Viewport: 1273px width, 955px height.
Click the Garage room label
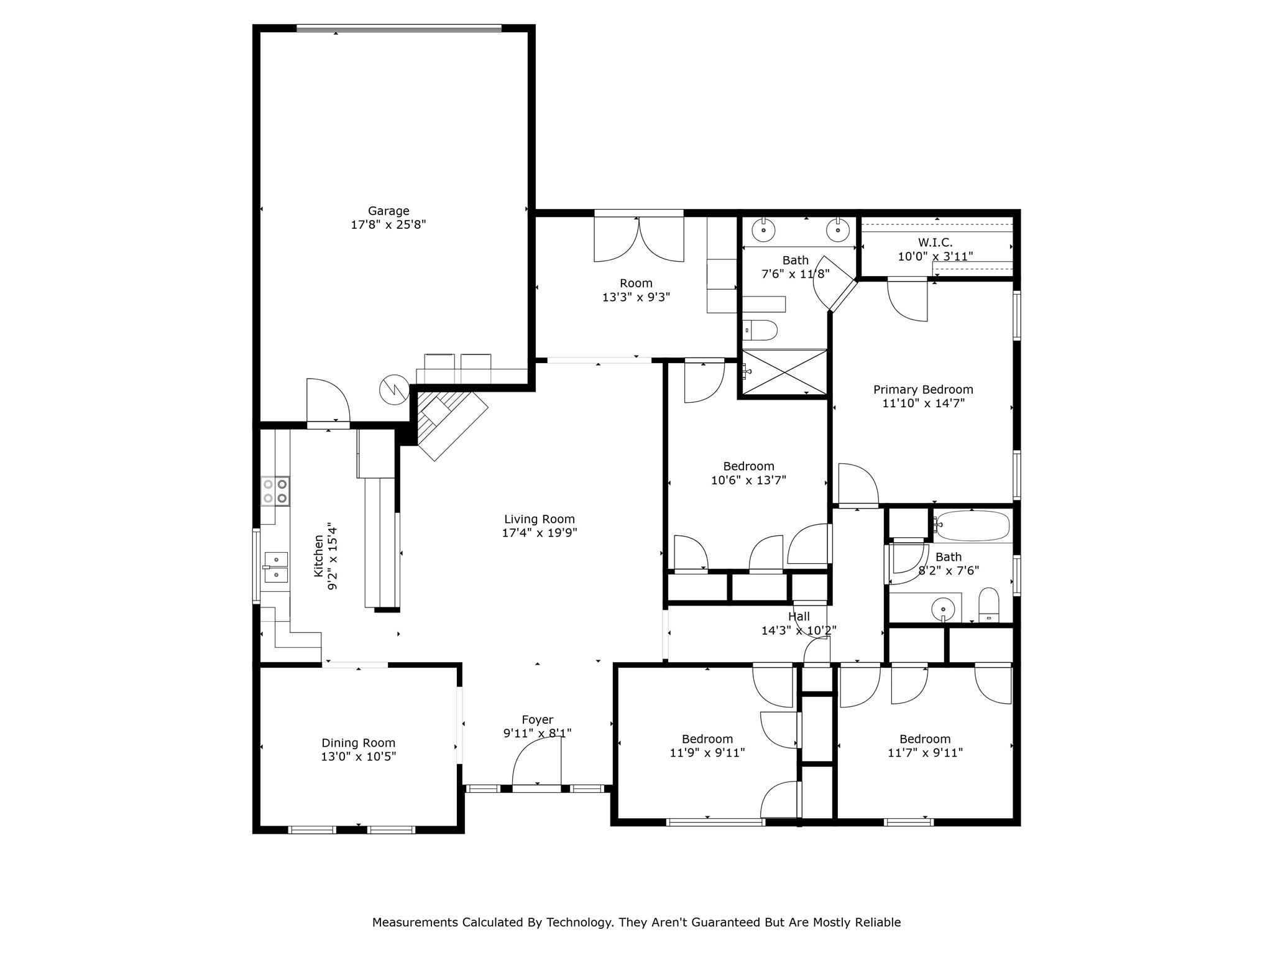388,211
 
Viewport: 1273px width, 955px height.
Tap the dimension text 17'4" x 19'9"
540,533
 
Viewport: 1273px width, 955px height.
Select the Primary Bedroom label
923,390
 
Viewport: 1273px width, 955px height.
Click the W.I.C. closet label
935,242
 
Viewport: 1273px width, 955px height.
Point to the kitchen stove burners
275,490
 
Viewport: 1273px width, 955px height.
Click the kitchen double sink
275,566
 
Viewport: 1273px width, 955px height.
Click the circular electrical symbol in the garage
394,389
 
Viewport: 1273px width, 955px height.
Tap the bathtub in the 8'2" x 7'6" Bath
973,526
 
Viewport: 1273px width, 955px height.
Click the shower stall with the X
785,372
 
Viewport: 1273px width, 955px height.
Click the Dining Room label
358,743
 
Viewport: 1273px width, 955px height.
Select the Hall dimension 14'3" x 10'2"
799,630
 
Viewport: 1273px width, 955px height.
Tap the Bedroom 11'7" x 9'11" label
925,739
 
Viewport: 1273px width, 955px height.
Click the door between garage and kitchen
328,401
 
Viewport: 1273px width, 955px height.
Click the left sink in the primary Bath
763,231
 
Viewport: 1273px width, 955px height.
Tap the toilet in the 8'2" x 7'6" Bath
988,605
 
